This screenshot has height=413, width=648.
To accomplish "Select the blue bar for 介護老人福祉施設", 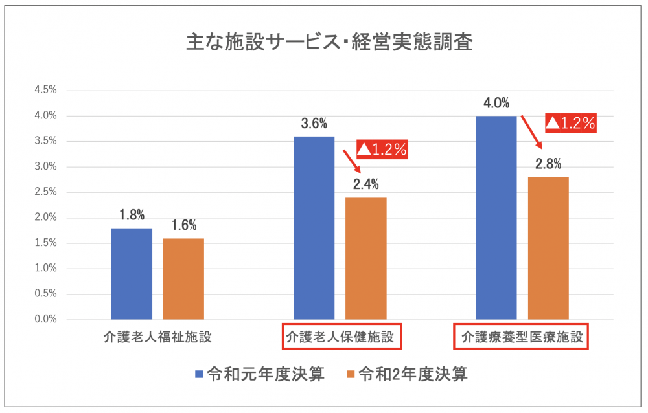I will [x=132, y=274].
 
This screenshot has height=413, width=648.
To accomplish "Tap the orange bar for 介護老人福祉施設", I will [x=183, y=279].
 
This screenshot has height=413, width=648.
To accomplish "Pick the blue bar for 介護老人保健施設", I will [x=314, y=228].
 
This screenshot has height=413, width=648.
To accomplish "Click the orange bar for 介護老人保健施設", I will [x=366, y=258].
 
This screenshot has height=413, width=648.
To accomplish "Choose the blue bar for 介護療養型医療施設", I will [x=496, y=218].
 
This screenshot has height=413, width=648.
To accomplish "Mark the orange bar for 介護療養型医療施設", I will [x=548, y=248].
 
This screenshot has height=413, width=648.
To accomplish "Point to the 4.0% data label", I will [x=496, y=103].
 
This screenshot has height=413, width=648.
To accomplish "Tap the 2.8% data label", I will [x=548, y=164].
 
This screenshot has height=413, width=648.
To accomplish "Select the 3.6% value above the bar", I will [x=314, y=124].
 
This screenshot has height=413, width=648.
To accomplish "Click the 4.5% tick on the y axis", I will [x=45, y=91].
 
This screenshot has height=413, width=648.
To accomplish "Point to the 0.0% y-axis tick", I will [x=45, y=319].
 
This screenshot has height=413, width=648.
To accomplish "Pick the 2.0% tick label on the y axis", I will [x=45, y=218].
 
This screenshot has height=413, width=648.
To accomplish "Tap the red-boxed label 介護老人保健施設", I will [x=341, y=337].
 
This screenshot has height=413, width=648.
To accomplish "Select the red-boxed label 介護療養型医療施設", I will [x=520, y=337].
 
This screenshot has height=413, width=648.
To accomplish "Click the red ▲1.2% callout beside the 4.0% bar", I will [x=570, y=123].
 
